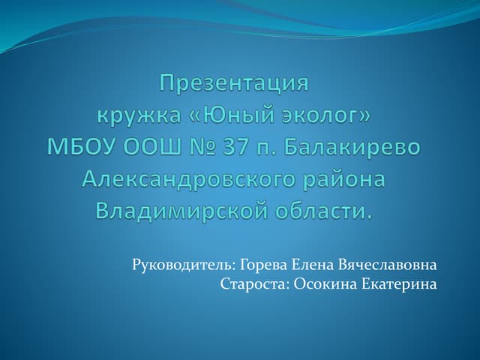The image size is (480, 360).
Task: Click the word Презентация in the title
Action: tap(234, 84)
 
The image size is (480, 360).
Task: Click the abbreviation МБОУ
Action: tap(83, 147)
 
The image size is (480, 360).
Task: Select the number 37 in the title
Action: tap(235, 147)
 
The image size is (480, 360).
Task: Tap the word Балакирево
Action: tap(352, 147)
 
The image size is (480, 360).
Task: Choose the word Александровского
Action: tap(190, 180)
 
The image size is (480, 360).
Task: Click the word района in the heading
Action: tap(344, 179)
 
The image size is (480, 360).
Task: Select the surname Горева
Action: tap(263, 265)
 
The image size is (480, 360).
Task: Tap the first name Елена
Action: tap(313, 265)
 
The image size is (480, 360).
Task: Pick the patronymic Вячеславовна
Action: tap(388, 265)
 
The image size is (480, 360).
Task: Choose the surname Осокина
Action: tap(325, 284)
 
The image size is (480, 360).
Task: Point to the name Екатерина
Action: tap(399, 285)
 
